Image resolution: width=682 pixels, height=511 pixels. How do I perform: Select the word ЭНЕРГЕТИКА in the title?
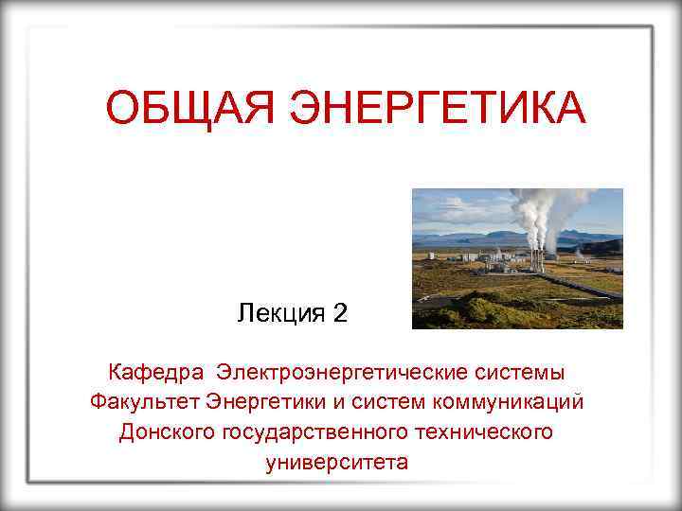(x=437, y=108)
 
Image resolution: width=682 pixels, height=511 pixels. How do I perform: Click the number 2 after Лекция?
(x=341, y=313)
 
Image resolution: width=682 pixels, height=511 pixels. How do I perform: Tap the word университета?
(x=337, y=463)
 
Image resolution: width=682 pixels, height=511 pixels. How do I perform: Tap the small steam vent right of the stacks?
(x=578, y=254)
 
